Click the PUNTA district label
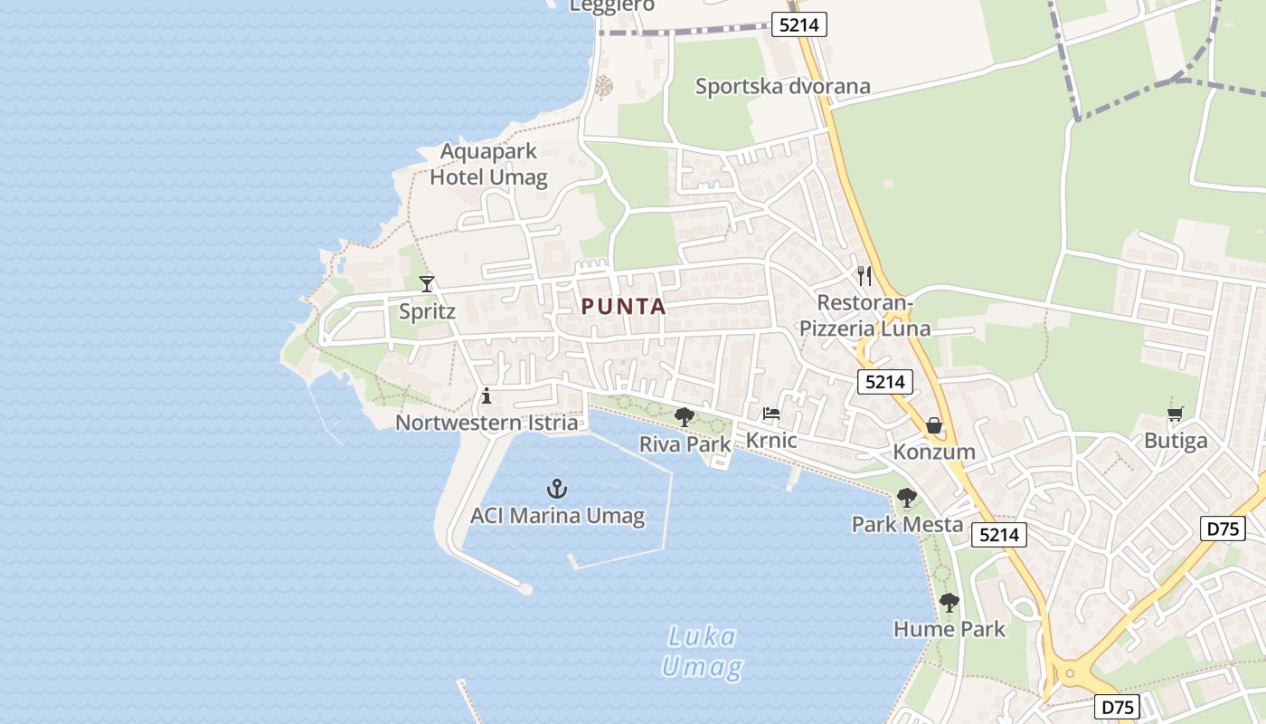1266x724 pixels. pyautogui.click(x=623, y=307)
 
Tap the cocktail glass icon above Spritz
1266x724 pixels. pyautogui.click(x=427, y=284)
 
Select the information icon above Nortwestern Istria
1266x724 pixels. pyautogui.click(x=487, y=395)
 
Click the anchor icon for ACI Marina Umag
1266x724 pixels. pyautogui.click(x=557, y=490)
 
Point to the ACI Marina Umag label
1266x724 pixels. pyautogui.click(x=557, y=517)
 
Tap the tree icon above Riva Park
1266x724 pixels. pyautogui.click(x=685, y=417)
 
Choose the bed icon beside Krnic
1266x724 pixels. pyautogui.click(x=771, y=414)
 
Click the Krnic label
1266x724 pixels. pyautogui.click(x=771, y=441)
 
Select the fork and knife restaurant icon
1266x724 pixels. pyautogui.click(x=864, y=275)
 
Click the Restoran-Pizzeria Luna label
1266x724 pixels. pyautogui.click(x=864, y=315)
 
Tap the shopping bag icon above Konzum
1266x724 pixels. pyautogui.click(x=934, y=425)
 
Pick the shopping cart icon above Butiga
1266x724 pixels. pyautogui.click(x=1175, y=414)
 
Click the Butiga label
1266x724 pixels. pyautogui.click(x=1176, y=442)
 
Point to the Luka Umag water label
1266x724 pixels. pyautogui.click(x=702, y=653)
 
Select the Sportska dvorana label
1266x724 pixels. pyautogui.click(x=782, y=87)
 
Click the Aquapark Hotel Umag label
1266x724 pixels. pyautogui.click(x=488, y=164)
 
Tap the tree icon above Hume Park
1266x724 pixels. pyautogui.click(x=949, y=603)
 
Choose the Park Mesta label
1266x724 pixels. pyautogui.click(x=907, y=524)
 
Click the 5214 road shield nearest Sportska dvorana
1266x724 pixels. pyautogui.click(x=799, y=24)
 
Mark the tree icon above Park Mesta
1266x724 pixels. pyautogui.click(x=906, y=498)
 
